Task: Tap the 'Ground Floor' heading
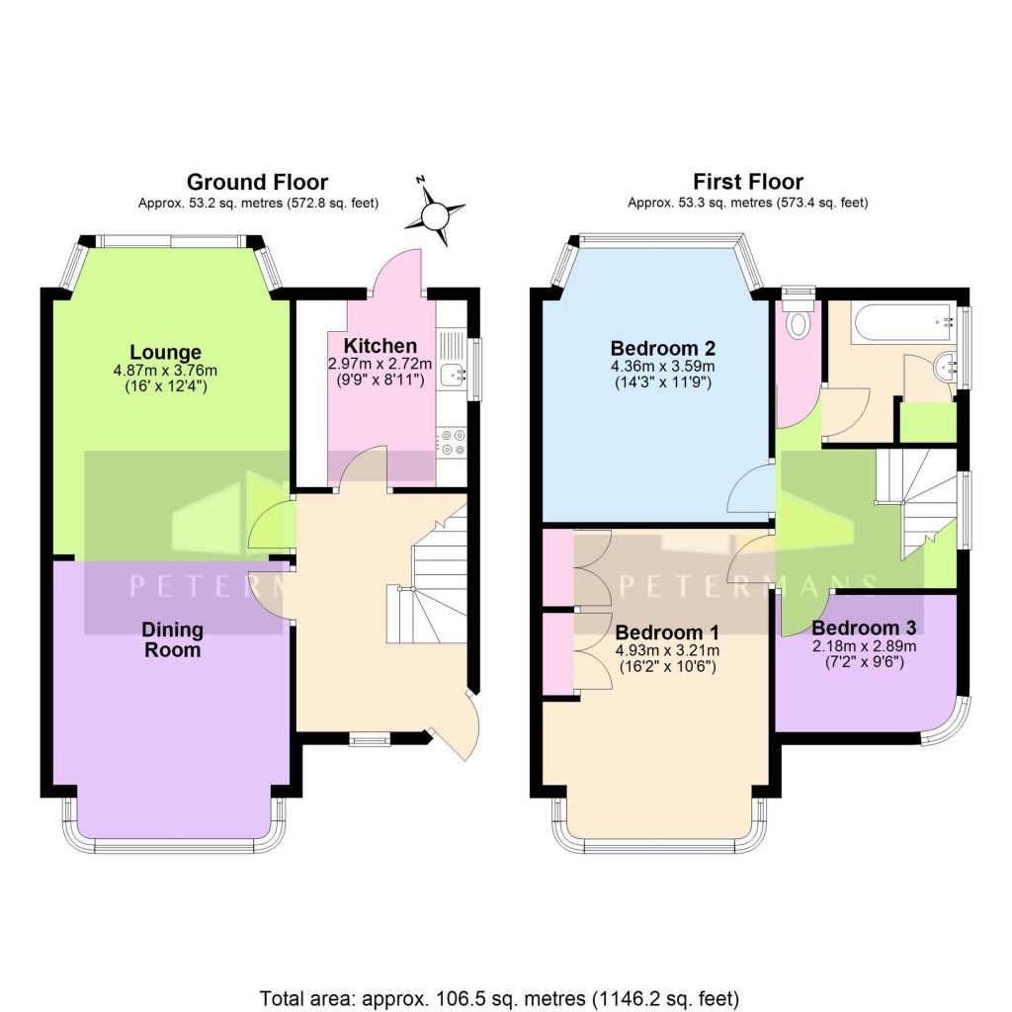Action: click(x=257, y=182)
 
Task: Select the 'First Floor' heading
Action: click(x=747, y=182)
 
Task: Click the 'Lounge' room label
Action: click(x=165, y=353)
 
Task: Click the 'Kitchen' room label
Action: click(x=379, y=346)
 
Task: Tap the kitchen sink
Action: click(x=455, y=372)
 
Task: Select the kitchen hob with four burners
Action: click(x=455, y=442)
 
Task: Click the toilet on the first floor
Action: click(x=800, y=320)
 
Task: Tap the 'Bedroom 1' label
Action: click(x=667, y=632)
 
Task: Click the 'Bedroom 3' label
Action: click(x=864, y=628)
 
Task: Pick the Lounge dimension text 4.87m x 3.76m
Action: click(x=165, y=371)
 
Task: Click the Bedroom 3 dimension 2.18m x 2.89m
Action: click(x=865, y=645)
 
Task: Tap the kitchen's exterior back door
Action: click(x=398, y=272)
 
